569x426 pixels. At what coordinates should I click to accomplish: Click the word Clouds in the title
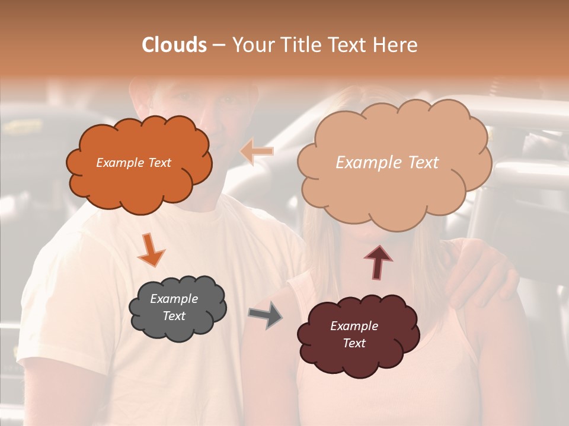pos(174,45)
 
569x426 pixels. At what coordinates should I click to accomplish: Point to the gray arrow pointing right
pos(266,315)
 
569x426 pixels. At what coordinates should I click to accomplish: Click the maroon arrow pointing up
pos(378,261)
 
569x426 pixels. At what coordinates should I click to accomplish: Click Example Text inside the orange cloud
pos(133,163)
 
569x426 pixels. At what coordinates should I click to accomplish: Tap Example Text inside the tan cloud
pos(387,163)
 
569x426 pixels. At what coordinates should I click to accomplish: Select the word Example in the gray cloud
pos(174,299)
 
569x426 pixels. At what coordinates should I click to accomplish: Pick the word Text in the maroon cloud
pos(354,343)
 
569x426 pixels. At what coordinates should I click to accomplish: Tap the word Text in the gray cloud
pos(174,316)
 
